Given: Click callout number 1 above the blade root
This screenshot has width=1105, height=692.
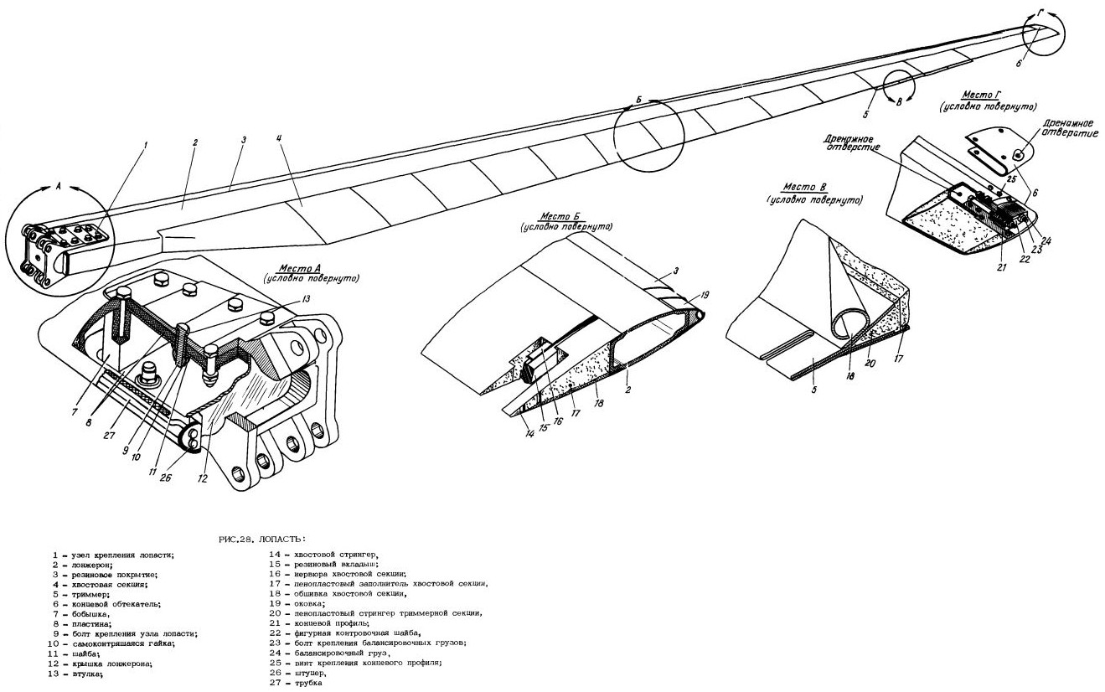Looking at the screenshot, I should (x=144, y=145).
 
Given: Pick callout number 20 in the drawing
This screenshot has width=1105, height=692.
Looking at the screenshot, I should (x=870, y=364).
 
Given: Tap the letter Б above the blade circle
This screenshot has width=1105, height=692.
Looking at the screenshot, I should (x=638, y=101).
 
